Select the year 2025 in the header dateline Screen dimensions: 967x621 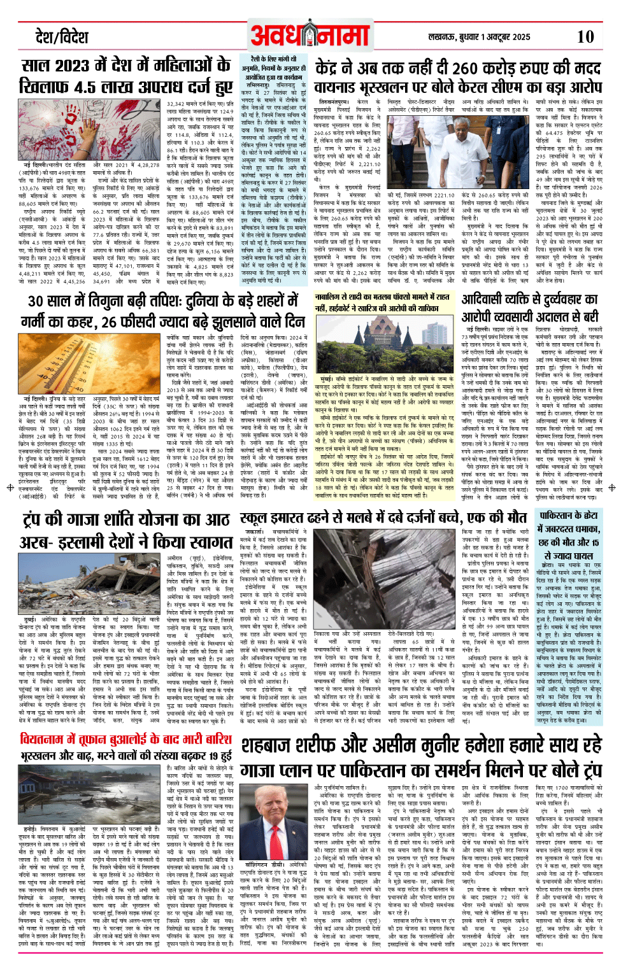520,37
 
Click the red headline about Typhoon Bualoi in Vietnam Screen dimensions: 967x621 125,739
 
